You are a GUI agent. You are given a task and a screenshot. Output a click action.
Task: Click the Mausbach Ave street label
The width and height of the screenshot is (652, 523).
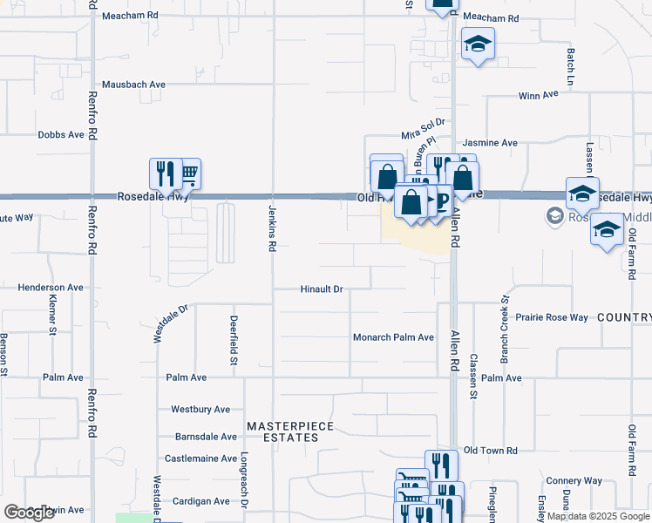pyautogui.click(x=133, y=85)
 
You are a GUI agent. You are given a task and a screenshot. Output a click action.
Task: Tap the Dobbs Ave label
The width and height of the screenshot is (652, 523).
pyautogui.click(x=61, y=135)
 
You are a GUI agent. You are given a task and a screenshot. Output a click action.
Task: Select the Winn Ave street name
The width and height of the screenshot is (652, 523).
pyautogui.click(x=538, y=95)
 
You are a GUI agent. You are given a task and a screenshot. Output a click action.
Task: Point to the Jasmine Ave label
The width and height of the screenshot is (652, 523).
pyautogui.click(x=490, y=142)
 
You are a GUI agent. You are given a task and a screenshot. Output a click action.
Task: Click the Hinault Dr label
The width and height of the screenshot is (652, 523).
pyautogui.click(x=323, y=289)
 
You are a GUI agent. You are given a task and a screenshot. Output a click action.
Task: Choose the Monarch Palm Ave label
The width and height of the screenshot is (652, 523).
pyautogui.click(x=393, y=337)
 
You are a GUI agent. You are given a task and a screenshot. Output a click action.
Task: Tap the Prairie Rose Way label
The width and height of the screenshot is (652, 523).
pyautogui.click(x=552, y=317)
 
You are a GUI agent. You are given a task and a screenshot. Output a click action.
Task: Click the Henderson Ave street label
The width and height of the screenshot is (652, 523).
pyautogui.click(x=51, y=287)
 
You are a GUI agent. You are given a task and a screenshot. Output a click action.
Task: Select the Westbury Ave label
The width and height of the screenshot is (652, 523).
pyautogui.click(x=200, y=409)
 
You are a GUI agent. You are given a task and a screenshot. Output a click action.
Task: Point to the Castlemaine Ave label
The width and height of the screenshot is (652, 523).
pyautogui.click(x=200, y=458)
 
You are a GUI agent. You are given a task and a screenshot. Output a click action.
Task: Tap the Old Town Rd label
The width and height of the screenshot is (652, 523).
pyautogui.click(x=491, y=450)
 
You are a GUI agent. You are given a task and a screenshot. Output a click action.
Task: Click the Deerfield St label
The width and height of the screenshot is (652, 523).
pyautogui.click(x=234, y=340)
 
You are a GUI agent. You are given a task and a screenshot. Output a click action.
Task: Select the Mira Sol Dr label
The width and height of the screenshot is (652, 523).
pyautogui.click(x=424, y=129)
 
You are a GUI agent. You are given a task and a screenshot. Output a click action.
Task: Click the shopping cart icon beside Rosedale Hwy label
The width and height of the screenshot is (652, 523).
pyautogui.click(x=188, y=174)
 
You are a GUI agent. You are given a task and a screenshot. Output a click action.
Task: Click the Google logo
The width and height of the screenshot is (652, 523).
pyautogui.click(x=30, y=513)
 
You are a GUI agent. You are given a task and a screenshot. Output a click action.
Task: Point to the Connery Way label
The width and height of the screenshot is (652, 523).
pyautogui.click(x=574, y=480)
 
